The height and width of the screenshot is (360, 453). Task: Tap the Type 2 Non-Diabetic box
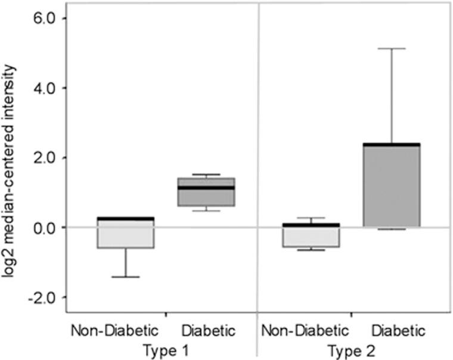coord(311,236)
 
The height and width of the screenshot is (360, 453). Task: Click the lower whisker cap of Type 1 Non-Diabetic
coord(126,277)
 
